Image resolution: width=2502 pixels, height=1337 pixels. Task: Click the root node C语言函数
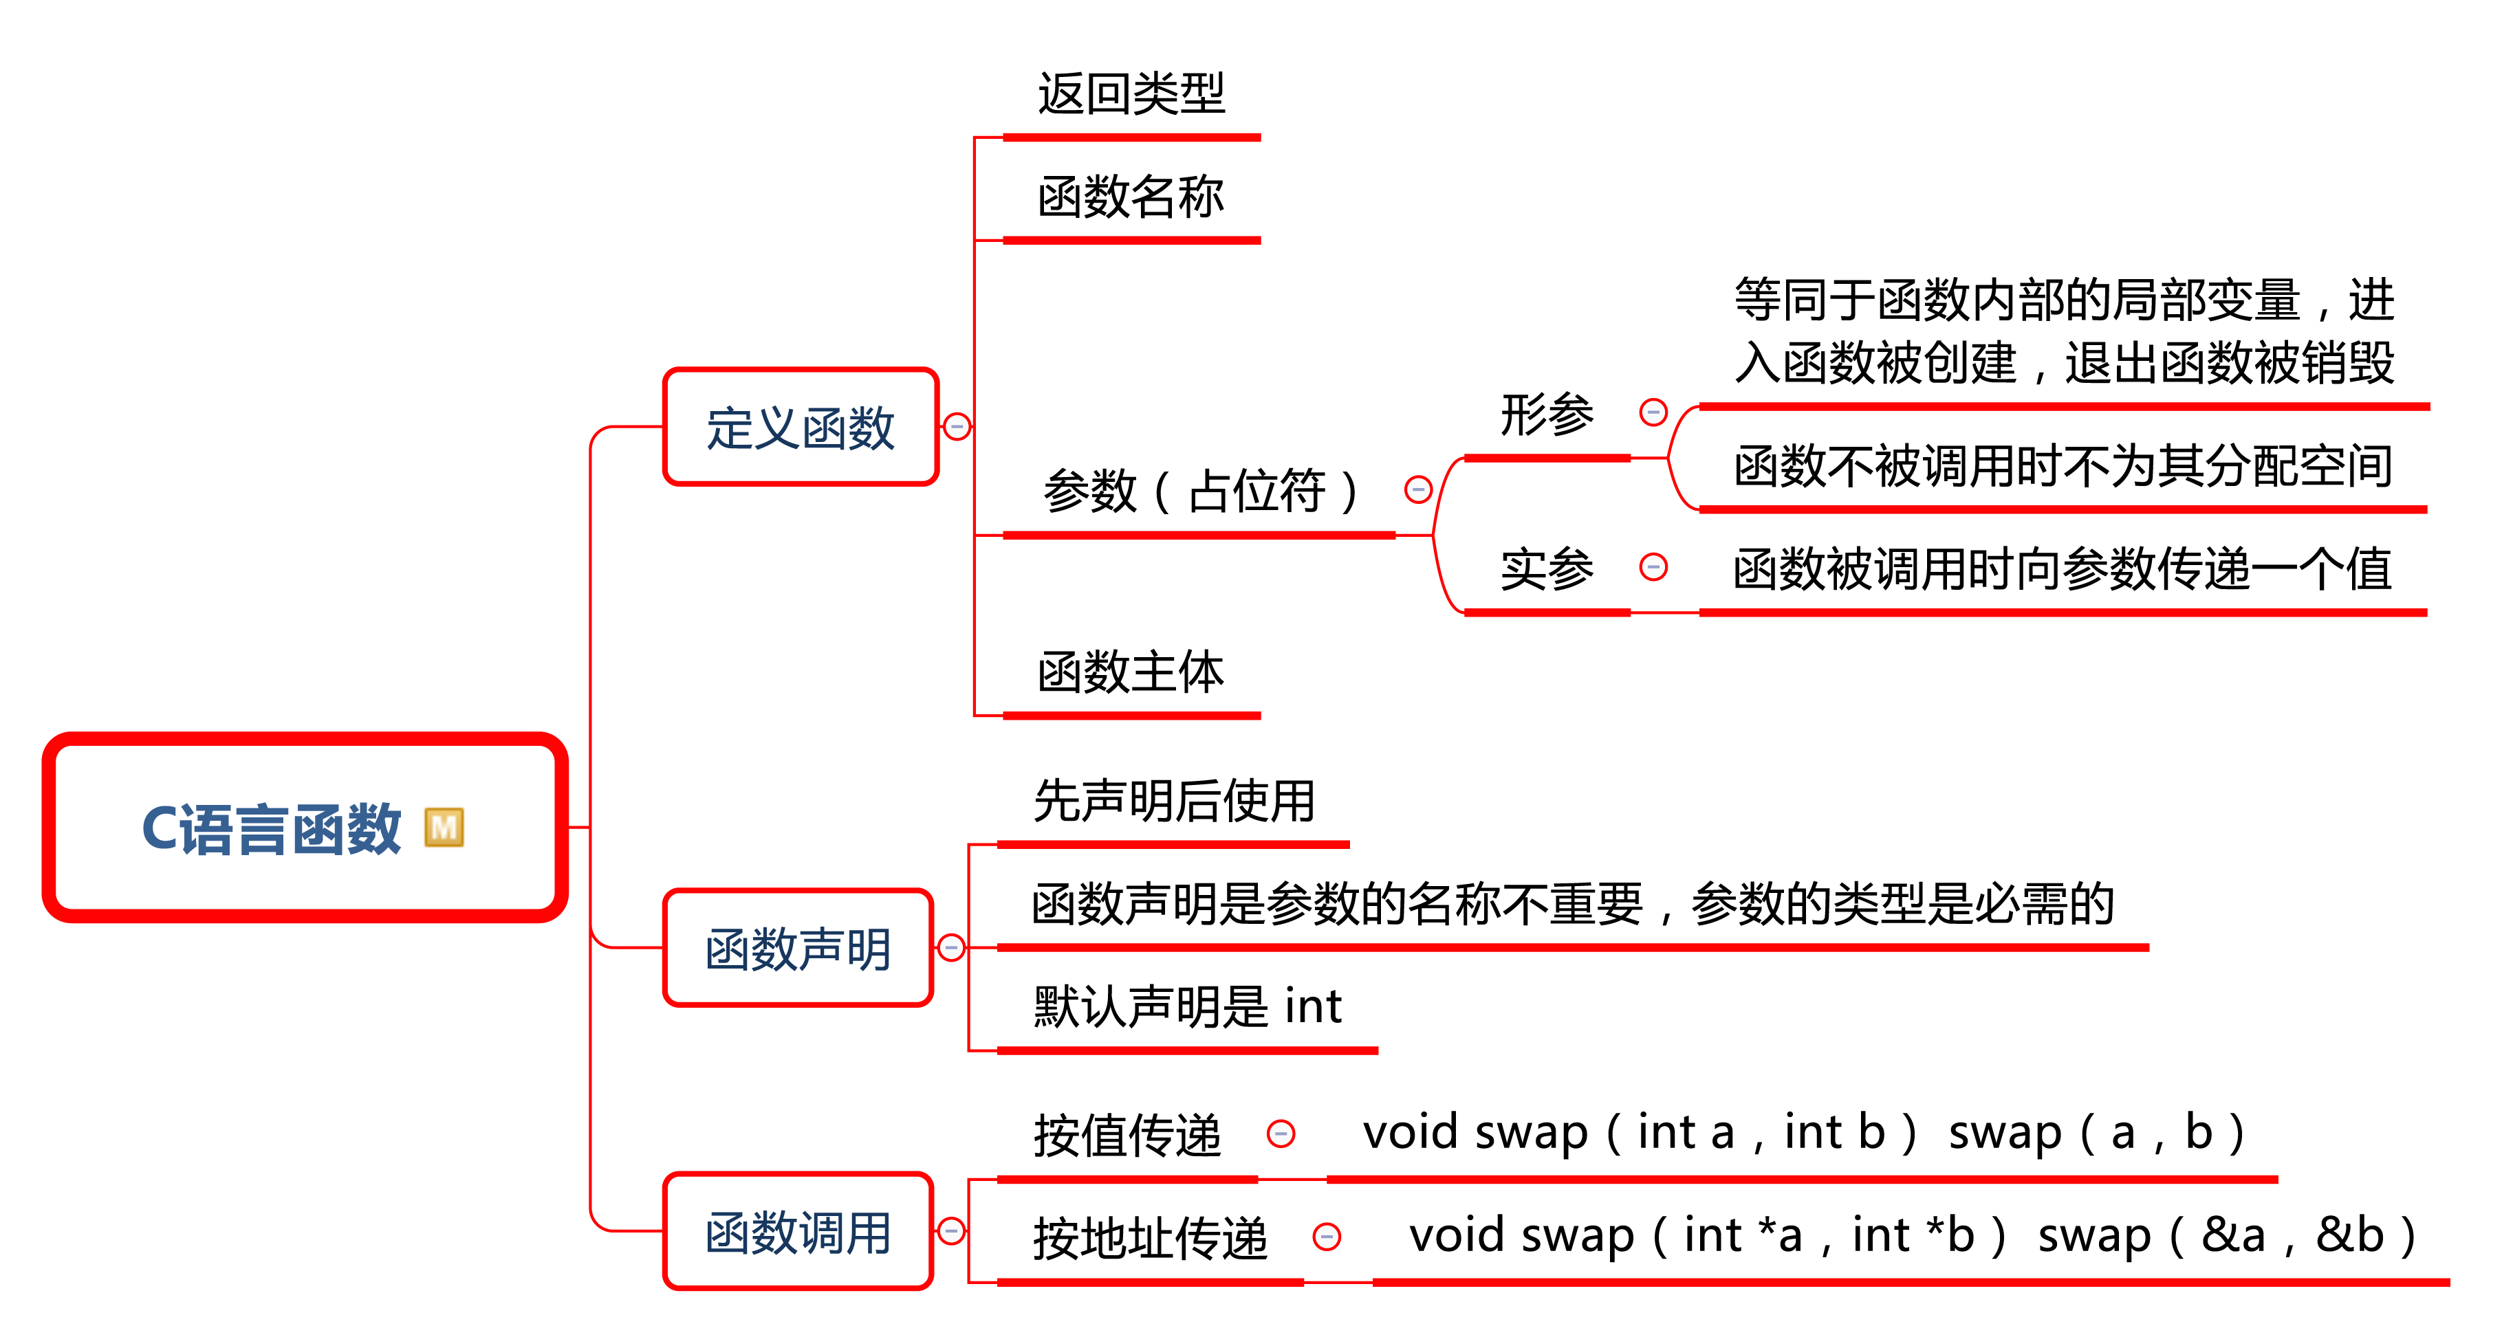(x=272, y=828)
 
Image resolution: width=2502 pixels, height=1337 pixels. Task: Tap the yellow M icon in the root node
(x=444, y=828)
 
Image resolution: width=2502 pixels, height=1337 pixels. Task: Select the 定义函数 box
(x=801, y=427)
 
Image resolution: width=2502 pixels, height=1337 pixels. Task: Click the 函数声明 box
(x=797, y=949)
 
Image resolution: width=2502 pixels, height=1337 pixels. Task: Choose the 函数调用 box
(x=797, y=1232)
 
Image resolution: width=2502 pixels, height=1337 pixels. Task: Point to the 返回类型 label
(x=1131, y=95)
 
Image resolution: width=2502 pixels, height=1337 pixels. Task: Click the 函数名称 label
(x=1131, y=197)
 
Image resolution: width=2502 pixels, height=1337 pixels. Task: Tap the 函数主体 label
(x=1131, y=672)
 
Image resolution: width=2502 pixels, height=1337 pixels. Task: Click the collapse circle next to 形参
(x=1653, y=412)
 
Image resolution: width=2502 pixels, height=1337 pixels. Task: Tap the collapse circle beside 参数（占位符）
(x=1418, y=489)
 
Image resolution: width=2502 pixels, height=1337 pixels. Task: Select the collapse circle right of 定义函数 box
(x=957, y=426)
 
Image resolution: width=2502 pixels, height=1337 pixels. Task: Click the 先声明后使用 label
(x=1173, y=801)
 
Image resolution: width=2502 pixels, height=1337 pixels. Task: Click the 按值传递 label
(x=1127, y=1134)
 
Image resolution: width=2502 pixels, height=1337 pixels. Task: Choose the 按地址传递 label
(x=1150, y=1238)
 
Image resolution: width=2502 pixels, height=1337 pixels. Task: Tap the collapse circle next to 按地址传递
(x=1327, y=1237)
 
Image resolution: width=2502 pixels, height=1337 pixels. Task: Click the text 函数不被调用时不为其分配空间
(x=2063, y=466)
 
